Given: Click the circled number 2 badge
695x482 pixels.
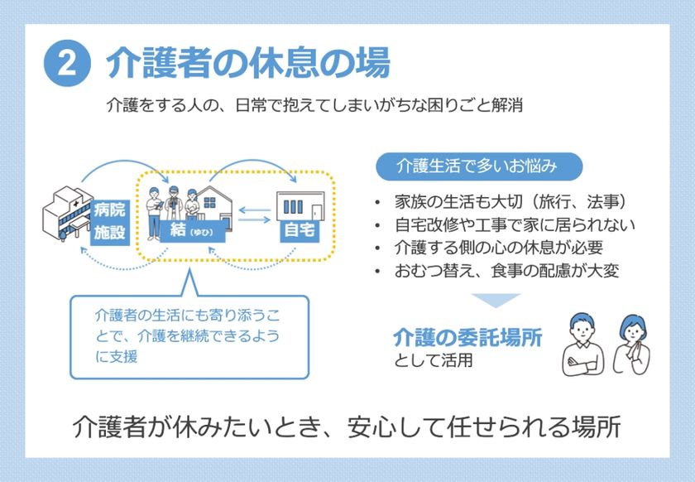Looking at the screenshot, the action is pyautogui.click(x=67, y=64).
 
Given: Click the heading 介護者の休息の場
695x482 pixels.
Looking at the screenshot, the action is pyautogui.click(x=248, y=63).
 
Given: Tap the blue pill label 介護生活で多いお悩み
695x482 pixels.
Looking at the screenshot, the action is pyautogui.click(x=479, y=166).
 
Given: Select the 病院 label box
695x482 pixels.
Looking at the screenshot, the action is pyautogui.click(x=109, y=210).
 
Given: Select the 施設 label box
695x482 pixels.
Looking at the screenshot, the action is pyautogui.click(x=109, y=233).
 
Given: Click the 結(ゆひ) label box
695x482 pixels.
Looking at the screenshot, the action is pyautogui.click(x=192, y=231).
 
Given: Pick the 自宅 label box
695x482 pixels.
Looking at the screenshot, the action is pyautogui.click(x=300, y=230).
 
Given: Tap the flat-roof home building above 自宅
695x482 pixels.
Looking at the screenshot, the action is pyautogui.click(x=300, y=206).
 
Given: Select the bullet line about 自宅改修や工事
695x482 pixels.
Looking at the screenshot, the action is pyautogui.click(x=515, y=225).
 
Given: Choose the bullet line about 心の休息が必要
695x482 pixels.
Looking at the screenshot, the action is pyautogui.click(x=499, y=248).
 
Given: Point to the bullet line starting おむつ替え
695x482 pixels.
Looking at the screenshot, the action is pyautogui.click(x=506, y=271).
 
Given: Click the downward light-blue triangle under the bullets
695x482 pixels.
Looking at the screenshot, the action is pyautogui.click(x=496, y=300).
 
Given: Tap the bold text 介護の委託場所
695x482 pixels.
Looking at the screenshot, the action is pyautogui.click(x=467, y=338).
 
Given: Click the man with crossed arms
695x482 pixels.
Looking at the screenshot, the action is pyautogui.click(x=582, y=345).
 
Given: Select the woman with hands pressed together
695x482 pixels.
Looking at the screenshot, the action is pyautogui.click(x=631, y=345).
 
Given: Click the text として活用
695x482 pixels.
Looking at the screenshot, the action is pyautogui.click(x=433, y=360).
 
